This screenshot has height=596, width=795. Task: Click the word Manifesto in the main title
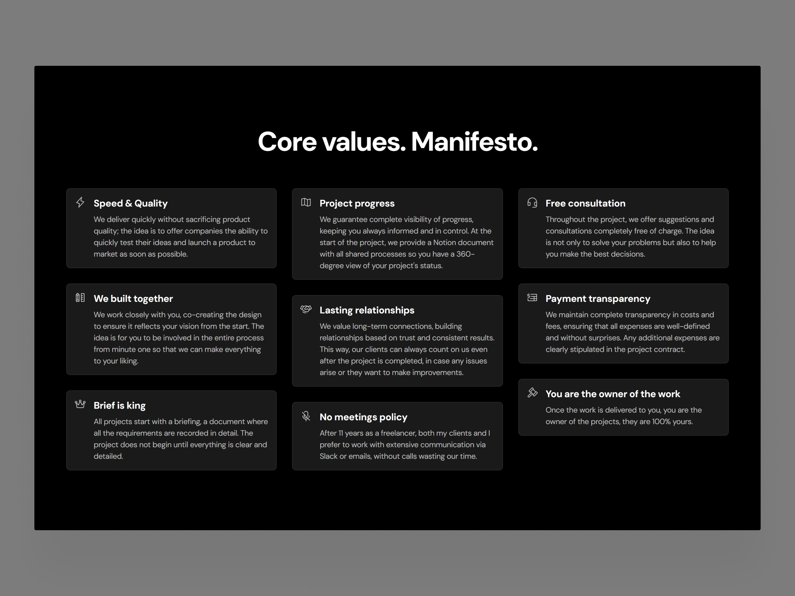click(x=475, y=142)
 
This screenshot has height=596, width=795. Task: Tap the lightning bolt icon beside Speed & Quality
click(x=80, y=202)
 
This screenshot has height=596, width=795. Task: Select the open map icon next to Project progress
click(x=306, y=202)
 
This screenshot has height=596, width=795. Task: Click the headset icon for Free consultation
click(x=532, y=203)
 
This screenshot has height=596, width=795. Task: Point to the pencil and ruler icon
click(x=80, y=297)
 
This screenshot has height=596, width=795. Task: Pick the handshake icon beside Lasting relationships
click(x=306, y=309)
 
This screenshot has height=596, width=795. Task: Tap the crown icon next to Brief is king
click(x=80, y=404)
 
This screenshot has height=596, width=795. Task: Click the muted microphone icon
click(x=306, y=416)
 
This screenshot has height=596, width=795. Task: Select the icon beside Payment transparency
click(x=532, y=297)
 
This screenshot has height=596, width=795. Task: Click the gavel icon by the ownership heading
click(x=532, y=393)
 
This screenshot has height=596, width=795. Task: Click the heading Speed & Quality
click(x=131, y=203)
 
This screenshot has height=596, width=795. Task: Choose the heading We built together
click(x=133, y=299)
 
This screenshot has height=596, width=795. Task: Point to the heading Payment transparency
click(x=598, y=299)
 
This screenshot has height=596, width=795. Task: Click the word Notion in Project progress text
click(x=445, y=243)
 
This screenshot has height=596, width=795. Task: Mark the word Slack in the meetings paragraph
click(x=328, y=456)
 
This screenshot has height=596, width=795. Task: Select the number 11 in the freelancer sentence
click(x=340, y=433)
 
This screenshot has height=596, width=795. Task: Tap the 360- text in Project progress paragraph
click(x=465, y=254)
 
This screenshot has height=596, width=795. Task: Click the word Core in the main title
click(x=287, y=142)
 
